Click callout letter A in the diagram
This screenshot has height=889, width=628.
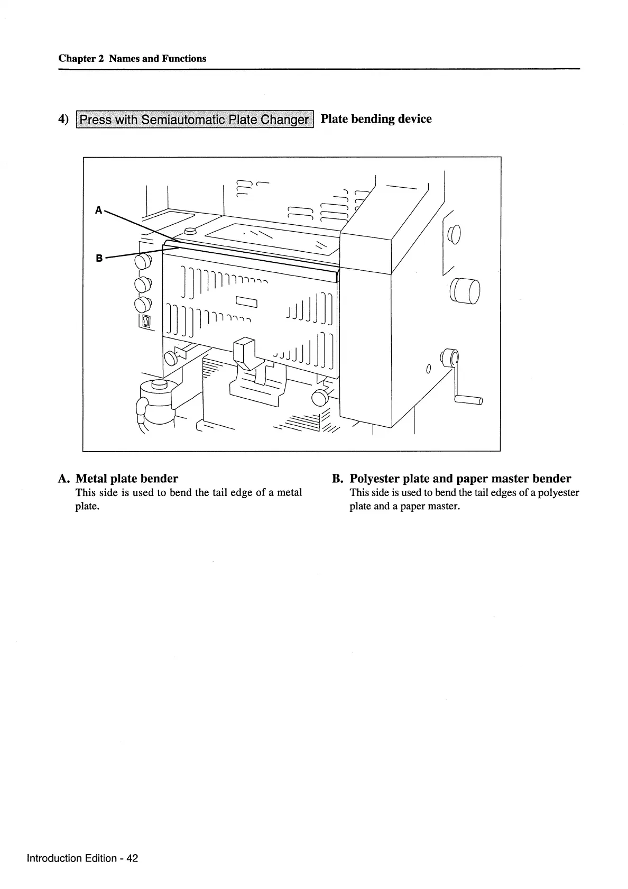coord(98,210)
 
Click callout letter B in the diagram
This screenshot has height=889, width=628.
coord(99,259)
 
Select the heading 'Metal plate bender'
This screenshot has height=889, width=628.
coord(127,479)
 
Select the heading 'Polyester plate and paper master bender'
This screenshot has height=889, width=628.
coord(460,479)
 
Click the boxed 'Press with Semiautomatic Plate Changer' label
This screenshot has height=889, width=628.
coord(195,120)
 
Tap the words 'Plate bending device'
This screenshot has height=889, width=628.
coord(376,119)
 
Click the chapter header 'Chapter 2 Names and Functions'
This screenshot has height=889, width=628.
coord(132,59)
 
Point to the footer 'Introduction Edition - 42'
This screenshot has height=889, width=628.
coord(82,858)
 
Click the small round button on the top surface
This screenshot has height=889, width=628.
coord(190,232)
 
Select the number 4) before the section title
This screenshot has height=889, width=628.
coord(63,120)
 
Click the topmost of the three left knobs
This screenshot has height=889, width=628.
coord(143,261)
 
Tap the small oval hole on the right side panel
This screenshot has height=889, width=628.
coord(429,368)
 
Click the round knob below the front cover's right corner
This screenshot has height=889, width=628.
coord(320,397)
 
